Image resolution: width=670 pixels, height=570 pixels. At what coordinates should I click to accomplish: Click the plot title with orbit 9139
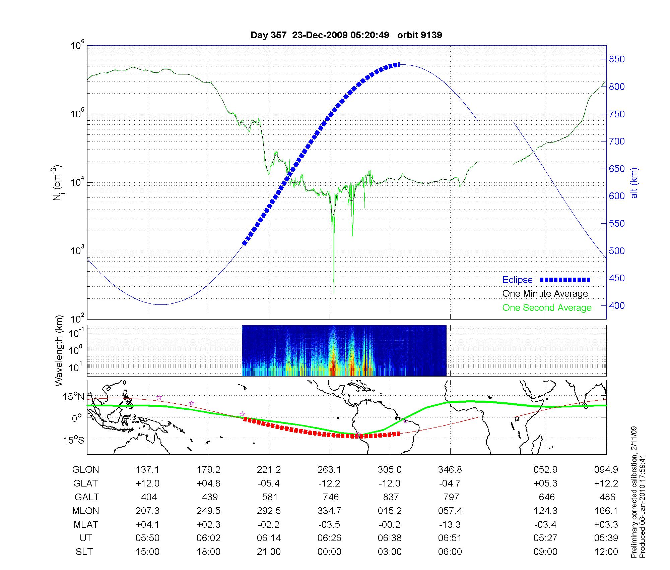[346, 35]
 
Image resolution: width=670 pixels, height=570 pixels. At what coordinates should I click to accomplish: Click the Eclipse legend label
[517, 280]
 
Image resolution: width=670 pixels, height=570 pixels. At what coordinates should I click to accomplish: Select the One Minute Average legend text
[545, 294]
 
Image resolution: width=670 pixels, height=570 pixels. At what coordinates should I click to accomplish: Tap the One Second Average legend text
[547, 308]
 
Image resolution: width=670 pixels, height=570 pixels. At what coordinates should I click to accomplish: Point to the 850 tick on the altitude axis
[617, 59]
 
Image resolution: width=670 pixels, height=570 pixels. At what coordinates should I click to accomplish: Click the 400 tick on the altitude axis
[617, 305]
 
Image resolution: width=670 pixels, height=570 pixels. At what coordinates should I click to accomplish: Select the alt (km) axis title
[634, 183]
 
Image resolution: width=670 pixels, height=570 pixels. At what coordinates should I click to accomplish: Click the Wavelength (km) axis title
[59, 350]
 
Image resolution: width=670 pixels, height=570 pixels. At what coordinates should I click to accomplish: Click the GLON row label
[86, 469]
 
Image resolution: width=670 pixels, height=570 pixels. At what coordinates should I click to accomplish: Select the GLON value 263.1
[329, 469]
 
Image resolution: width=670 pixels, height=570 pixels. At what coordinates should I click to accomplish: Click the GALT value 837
[391, 497]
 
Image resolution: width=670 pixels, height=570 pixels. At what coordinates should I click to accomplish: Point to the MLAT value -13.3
[450, 524]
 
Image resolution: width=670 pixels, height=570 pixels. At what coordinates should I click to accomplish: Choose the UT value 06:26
[329, 538]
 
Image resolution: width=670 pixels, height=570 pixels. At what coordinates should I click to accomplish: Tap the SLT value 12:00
[606, 552]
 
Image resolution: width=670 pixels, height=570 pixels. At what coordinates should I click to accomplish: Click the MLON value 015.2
[390, 511]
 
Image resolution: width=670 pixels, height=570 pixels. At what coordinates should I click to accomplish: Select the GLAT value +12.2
[606, 483]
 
